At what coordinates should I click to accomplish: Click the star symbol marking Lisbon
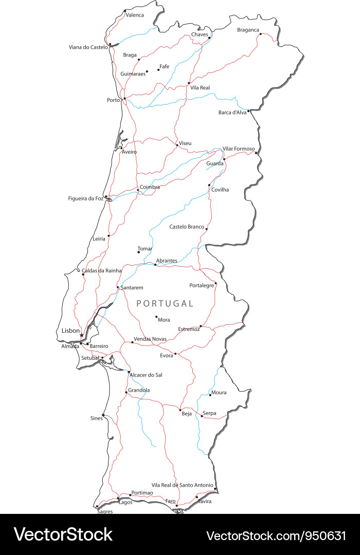click(81, 335)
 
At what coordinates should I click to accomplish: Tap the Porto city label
click(113, 100)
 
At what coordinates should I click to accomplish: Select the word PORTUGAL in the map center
click(165, 304)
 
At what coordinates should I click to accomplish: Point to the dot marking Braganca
click(261, 34)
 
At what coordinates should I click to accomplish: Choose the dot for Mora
click(156, 317)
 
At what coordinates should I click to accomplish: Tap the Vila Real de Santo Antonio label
click(182, 485)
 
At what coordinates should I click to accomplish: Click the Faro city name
click(170, 501)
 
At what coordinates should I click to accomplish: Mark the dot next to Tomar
click(138, 252)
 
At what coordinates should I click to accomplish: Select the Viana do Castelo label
click(88, 47)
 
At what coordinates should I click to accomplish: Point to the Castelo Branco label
click(187, 227)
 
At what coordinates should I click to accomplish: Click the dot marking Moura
click(210, 395)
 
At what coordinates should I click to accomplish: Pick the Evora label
click(167, 356)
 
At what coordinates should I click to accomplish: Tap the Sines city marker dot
click(103, 415)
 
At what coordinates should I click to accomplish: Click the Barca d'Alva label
click(232, 113)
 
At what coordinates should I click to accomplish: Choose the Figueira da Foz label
click(85, 198)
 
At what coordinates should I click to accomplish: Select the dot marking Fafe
click(158, 70)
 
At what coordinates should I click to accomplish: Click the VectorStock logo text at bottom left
click(63, 534)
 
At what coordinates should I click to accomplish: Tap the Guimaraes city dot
click(147, 71)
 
